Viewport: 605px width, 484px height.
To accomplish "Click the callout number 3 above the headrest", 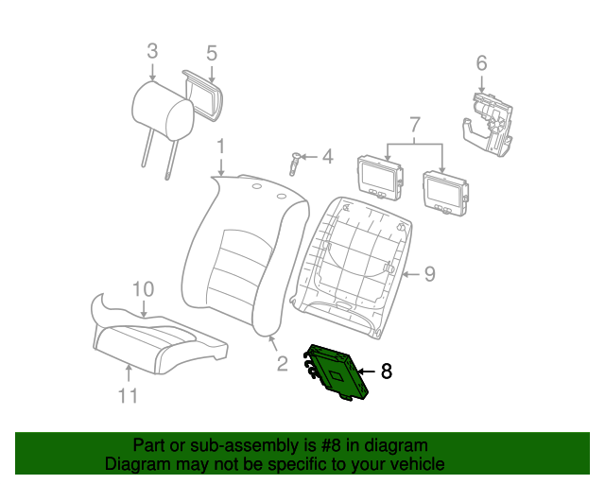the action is [152, 51].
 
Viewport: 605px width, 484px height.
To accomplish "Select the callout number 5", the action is [212, 53].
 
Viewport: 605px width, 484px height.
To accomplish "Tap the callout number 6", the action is [481, 63].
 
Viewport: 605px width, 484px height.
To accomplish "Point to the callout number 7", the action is [414, 125].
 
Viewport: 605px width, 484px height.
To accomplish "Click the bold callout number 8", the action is [387, 372].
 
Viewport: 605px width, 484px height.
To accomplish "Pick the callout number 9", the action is [430, 274].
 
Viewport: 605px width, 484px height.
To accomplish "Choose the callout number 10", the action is [143, 289].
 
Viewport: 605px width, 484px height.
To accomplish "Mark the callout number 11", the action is [128, 396].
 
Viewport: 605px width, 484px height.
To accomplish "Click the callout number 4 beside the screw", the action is [328, 157].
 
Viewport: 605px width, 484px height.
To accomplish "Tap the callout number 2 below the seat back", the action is [283, 364].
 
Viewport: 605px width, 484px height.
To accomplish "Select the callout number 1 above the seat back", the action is [220, 147].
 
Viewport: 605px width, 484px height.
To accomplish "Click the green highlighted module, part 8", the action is [336, 372].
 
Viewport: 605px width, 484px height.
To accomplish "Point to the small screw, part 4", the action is [294, 164].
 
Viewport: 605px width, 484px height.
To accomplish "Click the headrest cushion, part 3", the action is [163, 111].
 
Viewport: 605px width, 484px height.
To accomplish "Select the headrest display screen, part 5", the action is [203, 95].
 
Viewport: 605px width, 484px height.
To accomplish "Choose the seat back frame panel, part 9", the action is [352, 268].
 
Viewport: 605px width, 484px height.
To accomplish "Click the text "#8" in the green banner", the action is [330, 446].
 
